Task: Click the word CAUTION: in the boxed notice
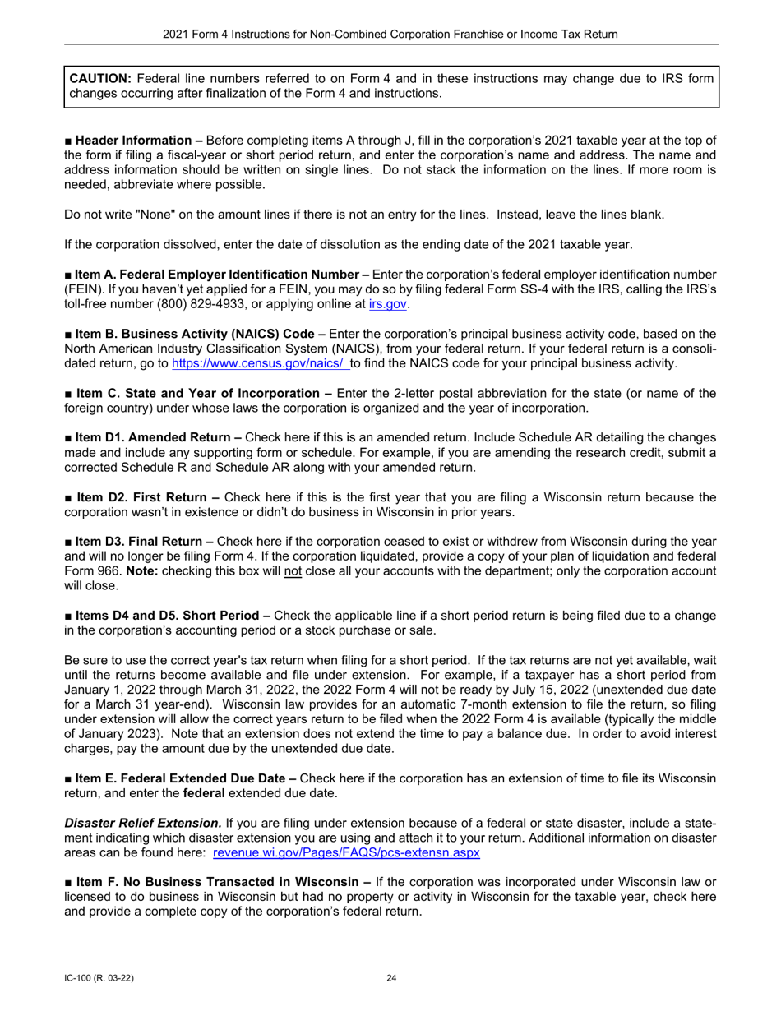click(x=99, y=79)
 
